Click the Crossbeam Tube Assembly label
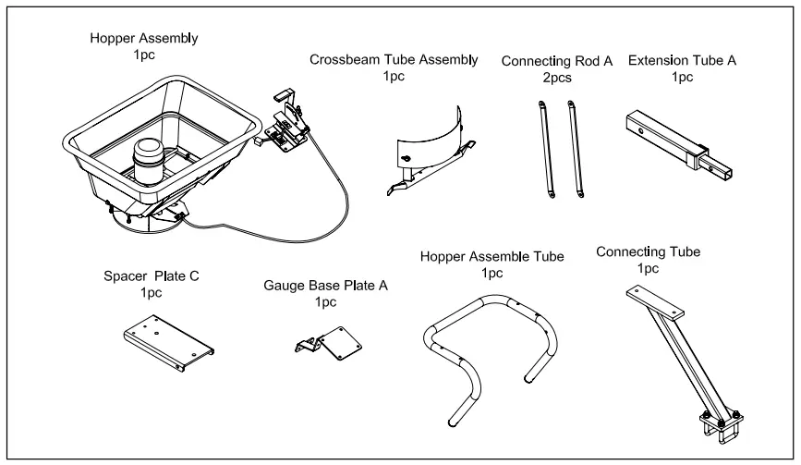[394, 60]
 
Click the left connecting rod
[540, 148]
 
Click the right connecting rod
[576, 148]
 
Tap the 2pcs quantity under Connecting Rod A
[558, 78]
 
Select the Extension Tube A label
[676, 60]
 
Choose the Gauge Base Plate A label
[325, 287]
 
